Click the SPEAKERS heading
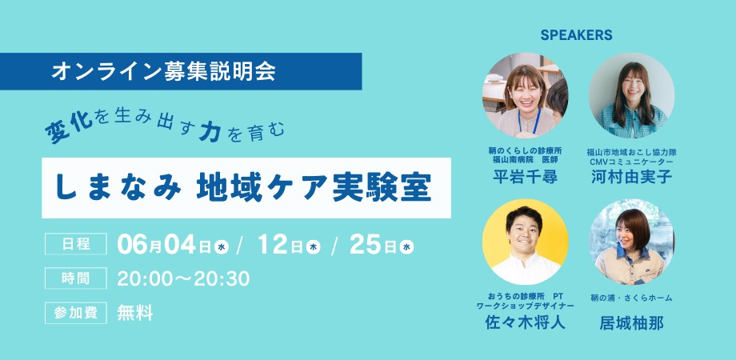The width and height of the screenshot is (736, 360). point(576,35)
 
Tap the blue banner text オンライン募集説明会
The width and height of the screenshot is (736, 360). point(163,71)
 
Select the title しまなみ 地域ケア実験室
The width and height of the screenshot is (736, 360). point(243,188)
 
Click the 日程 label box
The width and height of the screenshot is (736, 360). point(76,244)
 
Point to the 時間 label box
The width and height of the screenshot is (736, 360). point(76,278)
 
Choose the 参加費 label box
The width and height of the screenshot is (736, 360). point(76,313)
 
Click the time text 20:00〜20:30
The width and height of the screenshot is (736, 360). point(183,279)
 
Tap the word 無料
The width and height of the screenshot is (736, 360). point(135,313)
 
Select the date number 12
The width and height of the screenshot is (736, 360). point(273,245)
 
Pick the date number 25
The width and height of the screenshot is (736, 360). point(365,245)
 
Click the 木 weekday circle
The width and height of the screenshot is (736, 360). point(314,247)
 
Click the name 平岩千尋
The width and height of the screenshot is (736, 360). point(526,177)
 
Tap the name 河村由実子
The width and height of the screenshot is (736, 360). point(632,177)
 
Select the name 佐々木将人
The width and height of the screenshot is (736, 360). point(526,322)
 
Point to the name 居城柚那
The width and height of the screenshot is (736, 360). point(632,323)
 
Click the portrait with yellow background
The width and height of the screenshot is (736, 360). point(526,242)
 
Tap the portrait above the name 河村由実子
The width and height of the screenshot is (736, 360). point(632,95)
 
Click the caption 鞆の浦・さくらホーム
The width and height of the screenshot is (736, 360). point(632,298)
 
